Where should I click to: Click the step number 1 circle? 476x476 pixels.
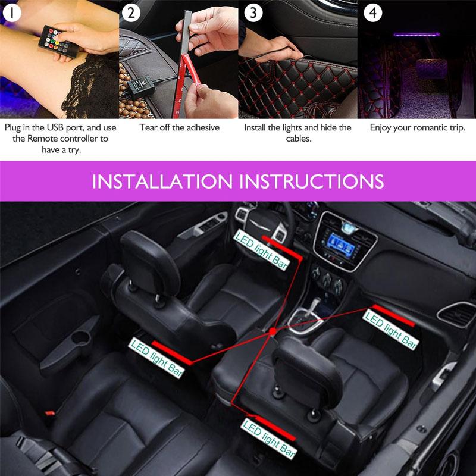13,13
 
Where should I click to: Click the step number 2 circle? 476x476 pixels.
132,13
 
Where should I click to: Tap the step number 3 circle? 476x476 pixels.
253,13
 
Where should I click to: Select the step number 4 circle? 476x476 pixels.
372,13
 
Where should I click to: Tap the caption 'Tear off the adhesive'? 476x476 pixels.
179,127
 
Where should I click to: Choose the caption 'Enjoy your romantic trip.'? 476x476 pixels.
417,127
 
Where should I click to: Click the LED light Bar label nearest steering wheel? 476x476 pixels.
261,250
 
